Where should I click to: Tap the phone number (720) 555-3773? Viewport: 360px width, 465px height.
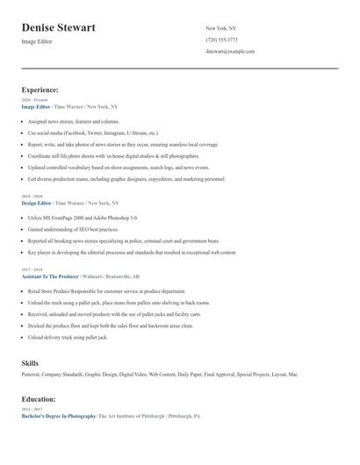221,39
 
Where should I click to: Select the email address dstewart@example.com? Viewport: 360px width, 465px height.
230,51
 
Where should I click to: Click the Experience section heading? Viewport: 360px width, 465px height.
40,89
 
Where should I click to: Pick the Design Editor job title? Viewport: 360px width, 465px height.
36,203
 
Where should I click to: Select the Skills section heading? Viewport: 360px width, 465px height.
30,361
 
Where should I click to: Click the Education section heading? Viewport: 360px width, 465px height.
39,398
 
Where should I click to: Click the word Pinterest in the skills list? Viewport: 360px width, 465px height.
33,375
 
